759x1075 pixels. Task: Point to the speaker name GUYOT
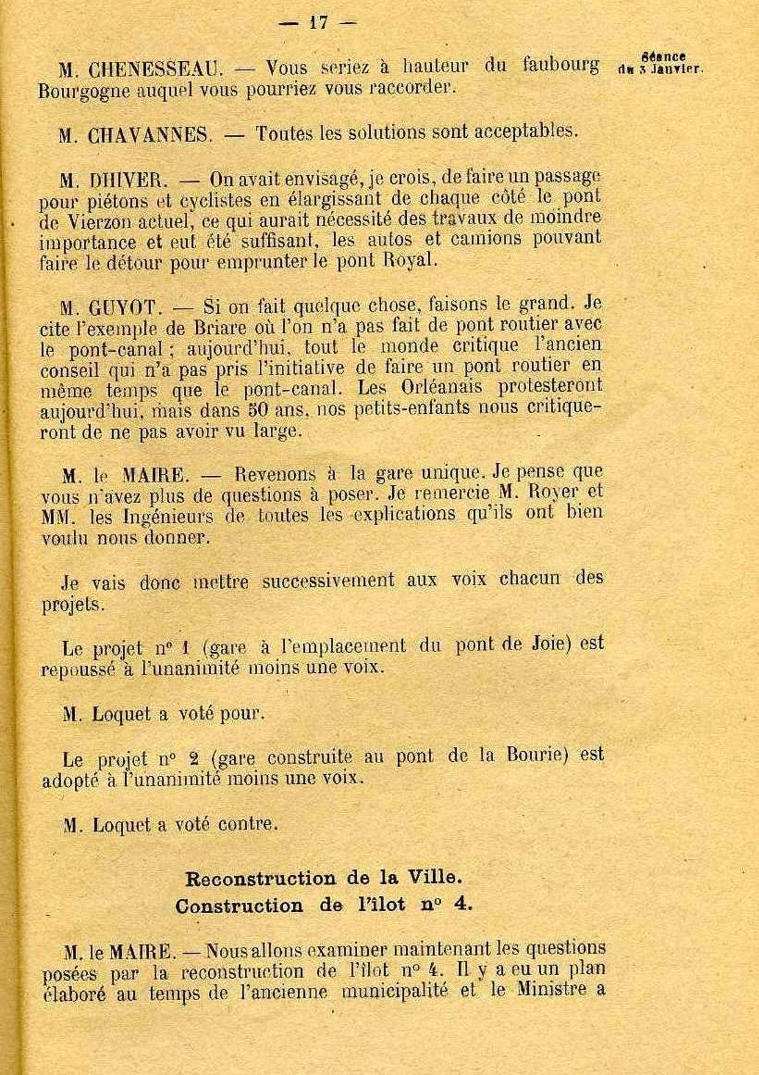(x=126, y=306)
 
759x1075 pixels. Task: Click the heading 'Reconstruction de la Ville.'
(x=323, y=878)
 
